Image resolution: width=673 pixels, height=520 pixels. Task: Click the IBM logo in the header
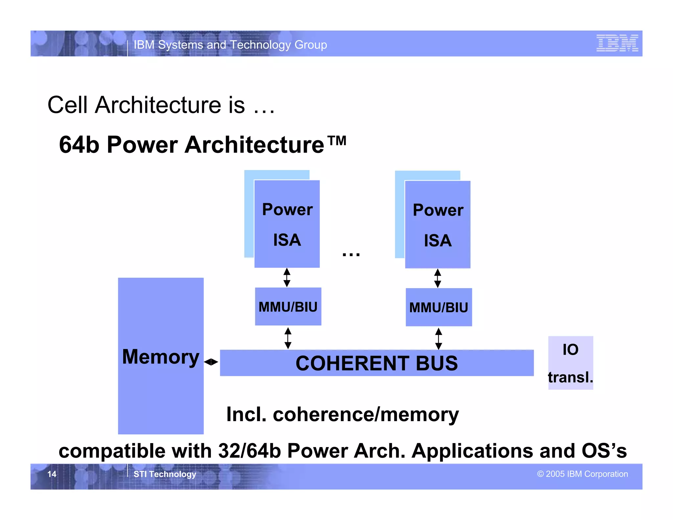click(617, 43)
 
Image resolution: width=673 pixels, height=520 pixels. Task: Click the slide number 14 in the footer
click(52, 474)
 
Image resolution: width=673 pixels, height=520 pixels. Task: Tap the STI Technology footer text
click(165, 474)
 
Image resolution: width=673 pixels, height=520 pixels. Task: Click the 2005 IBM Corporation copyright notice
click(582, 474)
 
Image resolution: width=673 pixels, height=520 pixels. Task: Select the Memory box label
click(161, 357)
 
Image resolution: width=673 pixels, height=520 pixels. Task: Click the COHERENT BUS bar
click(377, 363)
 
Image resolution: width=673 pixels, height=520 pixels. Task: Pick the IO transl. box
click(570, 363)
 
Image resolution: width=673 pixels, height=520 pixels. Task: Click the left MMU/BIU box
click(288, 307)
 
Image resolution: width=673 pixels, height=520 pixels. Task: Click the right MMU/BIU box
click(439, 307)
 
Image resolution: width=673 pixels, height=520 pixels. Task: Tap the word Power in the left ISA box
click(287, 210)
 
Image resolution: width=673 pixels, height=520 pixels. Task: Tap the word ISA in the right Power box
click(438, 241)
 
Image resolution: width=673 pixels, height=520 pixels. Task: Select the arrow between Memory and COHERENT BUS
click(211, 362)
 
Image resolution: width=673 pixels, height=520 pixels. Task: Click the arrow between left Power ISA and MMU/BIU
click(287, 277)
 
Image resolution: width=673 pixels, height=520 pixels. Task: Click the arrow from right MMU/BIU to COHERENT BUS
click(438, 339)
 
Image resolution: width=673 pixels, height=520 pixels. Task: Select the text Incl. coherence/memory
click(342, 414)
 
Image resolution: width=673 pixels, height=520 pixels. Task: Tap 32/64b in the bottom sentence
click(249, 451)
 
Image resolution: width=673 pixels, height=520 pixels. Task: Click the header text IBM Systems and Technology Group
click(230, 45)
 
